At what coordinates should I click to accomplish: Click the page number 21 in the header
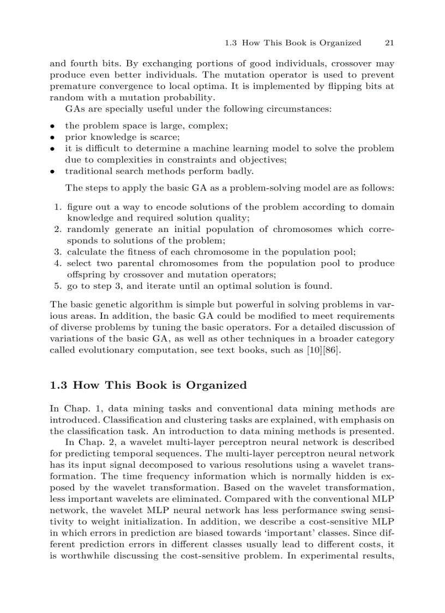point(389,43)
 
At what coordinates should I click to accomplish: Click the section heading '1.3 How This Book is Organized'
point(148,385)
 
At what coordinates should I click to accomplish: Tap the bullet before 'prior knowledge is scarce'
point(52,137)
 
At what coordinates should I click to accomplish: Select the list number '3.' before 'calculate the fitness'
point(57,252)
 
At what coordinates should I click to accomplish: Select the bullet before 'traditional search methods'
point(52,171)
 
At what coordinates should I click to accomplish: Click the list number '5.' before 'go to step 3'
point(57,285)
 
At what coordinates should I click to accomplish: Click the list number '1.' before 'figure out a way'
point(57,206)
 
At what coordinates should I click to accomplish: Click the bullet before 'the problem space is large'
point(52,126)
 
